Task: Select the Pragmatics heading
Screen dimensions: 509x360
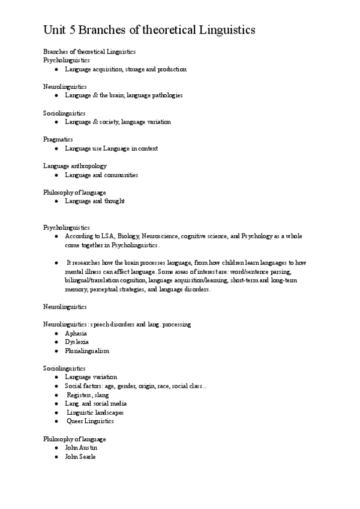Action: pos(58,139)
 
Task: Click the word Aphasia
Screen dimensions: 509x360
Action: pos(76,333)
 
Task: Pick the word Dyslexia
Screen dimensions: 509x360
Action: pos(77,342)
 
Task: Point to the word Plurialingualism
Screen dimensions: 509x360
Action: pos(87,351)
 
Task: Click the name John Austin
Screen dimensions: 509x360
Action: pos(81,448)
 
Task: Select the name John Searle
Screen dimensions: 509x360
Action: pos(80,457)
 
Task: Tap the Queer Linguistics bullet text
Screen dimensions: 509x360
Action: pos(90,421)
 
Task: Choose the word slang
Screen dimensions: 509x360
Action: pos(101,394)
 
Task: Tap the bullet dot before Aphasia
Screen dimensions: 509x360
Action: pos(56,333)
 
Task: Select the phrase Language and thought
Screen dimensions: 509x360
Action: pos(95,201)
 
